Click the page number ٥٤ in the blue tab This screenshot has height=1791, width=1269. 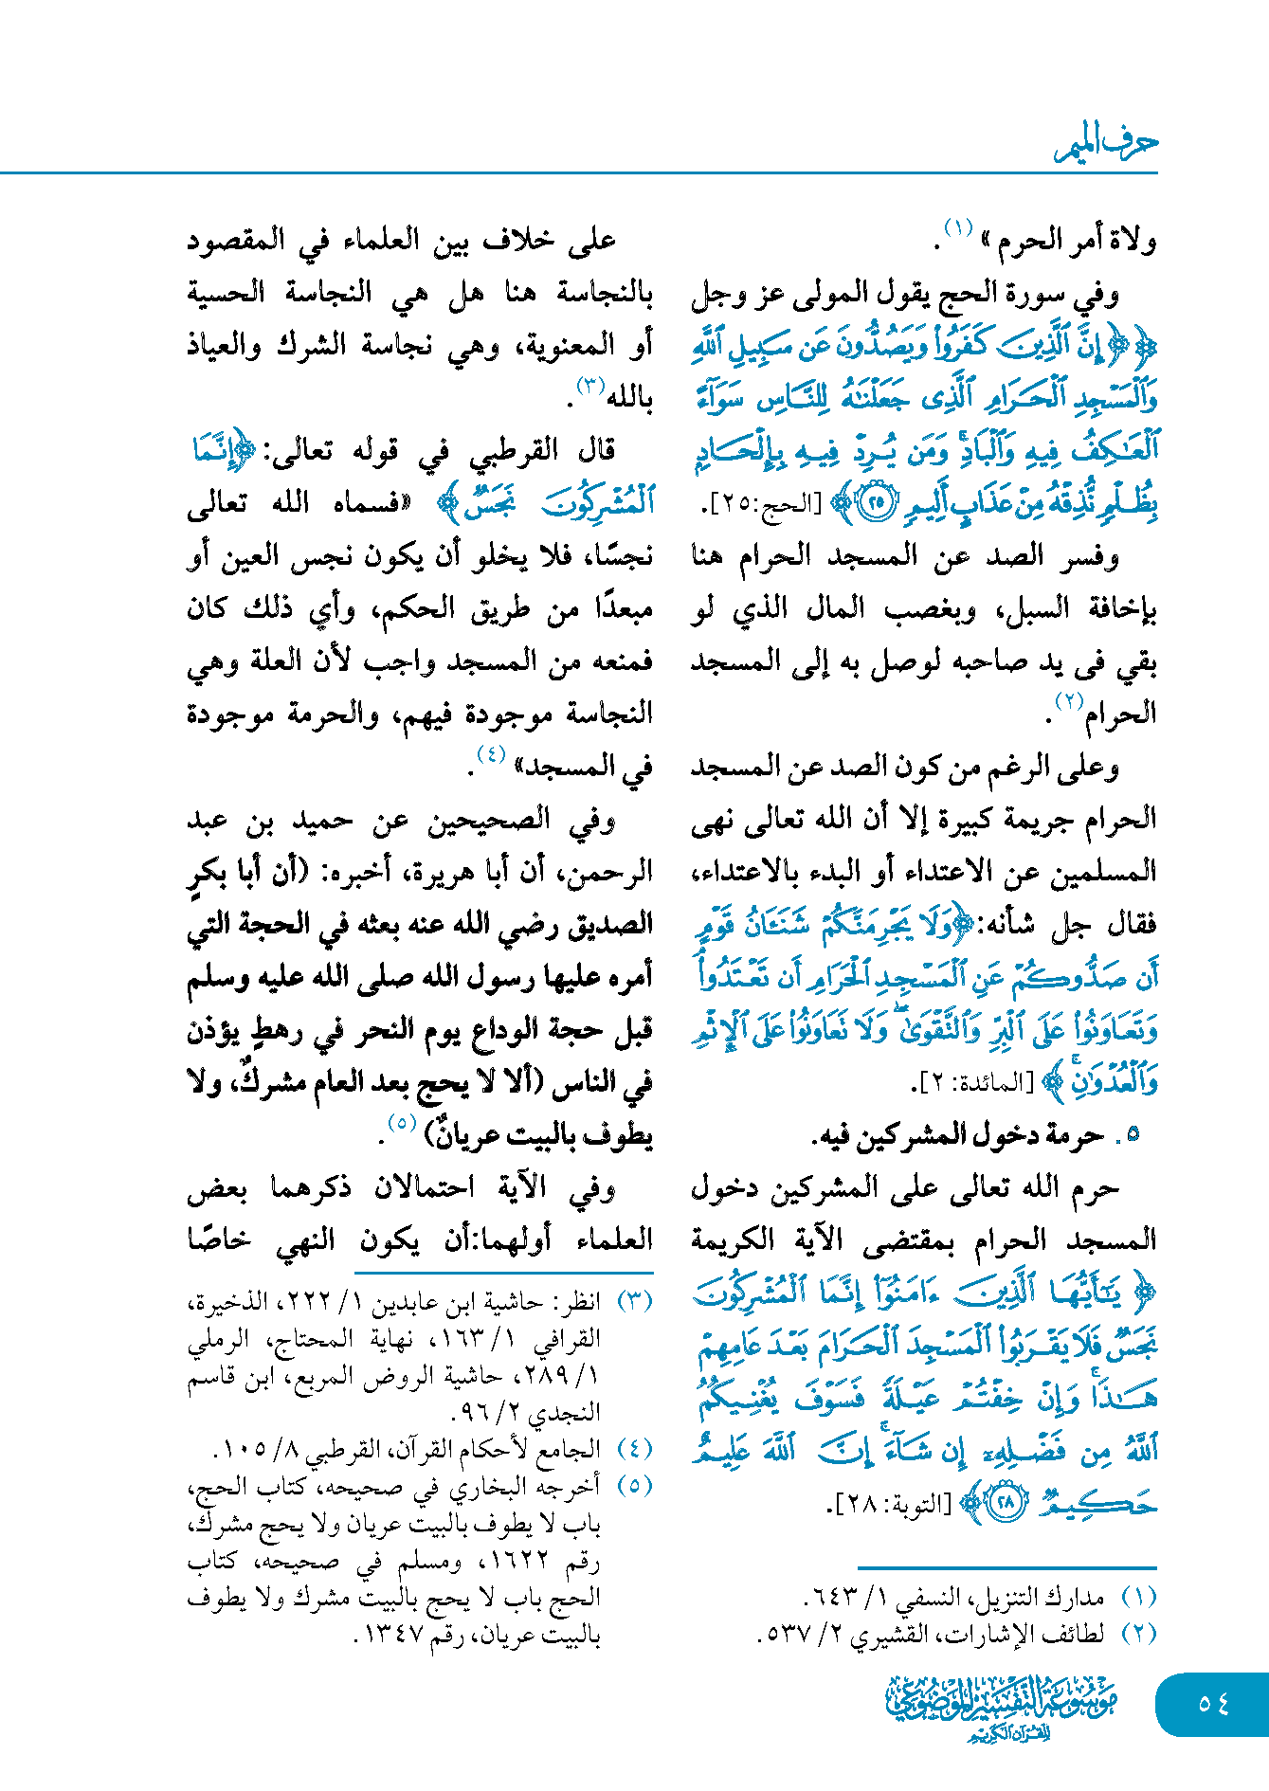(1213, 1703)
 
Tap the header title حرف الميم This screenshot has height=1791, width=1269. (1106, 144)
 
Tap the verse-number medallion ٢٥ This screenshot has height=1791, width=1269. (877, 503)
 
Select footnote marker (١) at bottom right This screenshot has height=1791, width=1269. (1138, 1598)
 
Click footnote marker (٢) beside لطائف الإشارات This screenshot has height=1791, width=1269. (1138, 1635)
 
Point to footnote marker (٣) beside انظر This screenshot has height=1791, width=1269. (635, 1301)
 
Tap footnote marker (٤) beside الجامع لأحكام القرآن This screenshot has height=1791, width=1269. (635, 1449)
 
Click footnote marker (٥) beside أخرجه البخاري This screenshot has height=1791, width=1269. (635, 1486)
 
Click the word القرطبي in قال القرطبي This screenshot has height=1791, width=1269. (515, 451)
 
